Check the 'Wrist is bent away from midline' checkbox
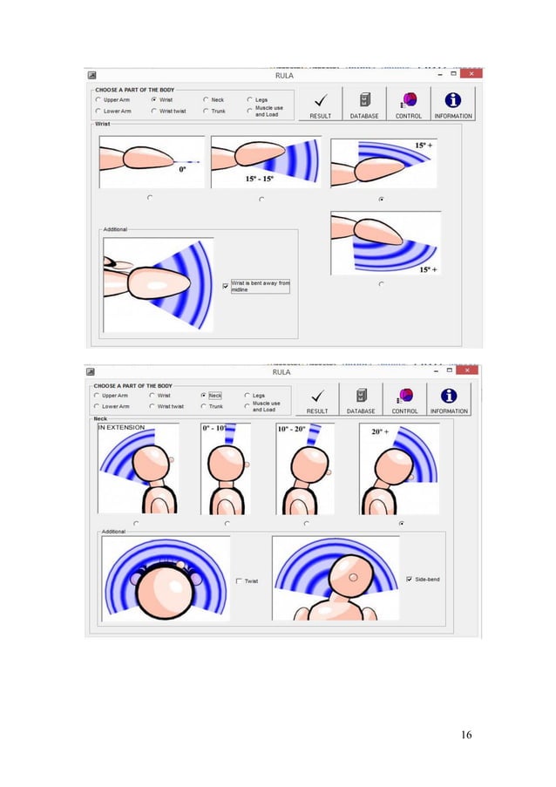click(226, 285)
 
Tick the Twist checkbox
click(240, 580)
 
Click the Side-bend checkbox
click(410, 578)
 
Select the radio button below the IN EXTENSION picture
click(135, 523)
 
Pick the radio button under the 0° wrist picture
click(150, 198)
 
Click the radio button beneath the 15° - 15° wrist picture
click(262, 199)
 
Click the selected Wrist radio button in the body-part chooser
click(153, 100)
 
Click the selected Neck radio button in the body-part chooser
click(204, 395)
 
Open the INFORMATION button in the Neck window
click(448, 399)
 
